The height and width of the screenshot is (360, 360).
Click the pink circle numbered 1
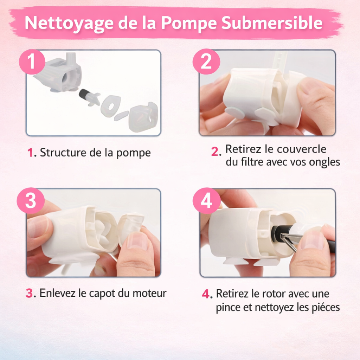32,62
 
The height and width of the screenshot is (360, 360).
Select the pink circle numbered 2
206,62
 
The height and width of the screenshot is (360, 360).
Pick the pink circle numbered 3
31,201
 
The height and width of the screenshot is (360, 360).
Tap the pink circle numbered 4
206,201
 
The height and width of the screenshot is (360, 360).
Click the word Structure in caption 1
62,153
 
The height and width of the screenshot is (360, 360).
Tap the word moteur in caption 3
149,293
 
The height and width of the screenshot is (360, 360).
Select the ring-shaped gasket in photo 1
110,106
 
